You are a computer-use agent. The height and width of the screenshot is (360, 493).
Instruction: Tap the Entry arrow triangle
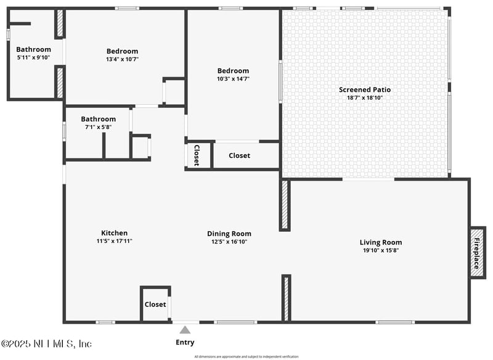coord(185,330)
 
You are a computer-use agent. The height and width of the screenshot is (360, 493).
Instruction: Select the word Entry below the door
coord(185,342)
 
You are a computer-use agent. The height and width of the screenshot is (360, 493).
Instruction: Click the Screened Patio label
coord(364,89)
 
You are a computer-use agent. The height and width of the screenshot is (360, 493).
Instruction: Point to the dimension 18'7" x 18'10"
coord(364,97)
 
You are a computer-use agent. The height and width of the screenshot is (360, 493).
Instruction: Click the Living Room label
coord(380,242)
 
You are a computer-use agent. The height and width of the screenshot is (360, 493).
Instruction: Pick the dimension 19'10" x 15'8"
coord(380,250)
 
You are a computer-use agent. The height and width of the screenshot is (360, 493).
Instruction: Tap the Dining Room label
coord(229,234)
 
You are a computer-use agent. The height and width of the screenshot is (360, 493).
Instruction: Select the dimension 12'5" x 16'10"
coord(229,242)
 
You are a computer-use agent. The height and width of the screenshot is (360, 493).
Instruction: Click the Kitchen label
coord(114,233)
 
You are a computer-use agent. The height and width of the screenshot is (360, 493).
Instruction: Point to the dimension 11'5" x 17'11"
coord(114,241)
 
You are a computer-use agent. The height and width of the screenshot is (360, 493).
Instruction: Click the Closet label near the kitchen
coord(155,305)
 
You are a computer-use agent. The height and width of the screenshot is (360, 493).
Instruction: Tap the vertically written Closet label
coord(197,155)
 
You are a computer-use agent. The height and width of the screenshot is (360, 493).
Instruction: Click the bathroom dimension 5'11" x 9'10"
coord(33,57)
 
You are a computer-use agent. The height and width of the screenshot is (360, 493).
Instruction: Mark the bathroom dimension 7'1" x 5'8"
coord(98,127)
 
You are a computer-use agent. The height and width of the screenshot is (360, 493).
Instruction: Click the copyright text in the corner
coord(47,343)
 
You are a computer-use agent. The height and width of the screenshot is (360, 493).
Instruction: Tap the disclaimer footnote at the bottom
coord(246,356)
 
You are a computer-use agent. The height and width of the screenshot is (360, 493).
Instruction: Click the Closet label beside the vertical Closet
coord(239,155)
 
